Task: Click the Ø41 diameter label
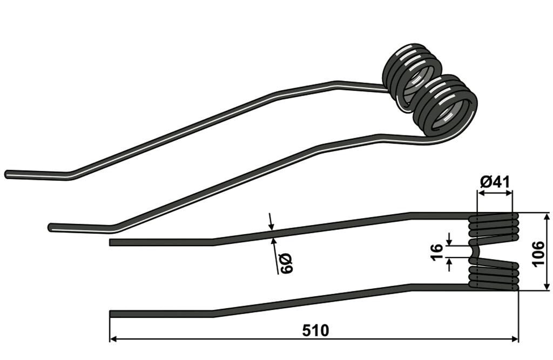tap(495, 182)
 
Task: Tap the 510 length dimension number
tap(315, 331)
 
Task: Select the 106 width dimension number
tap(538, 254)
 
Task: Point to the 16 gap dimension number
tap(436, 252)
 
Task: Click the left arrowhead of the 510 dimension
tap(113, 339)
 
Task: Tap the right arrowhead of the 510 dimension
tap(515, 339)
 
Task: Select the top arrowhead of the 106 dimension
tap(547, 217)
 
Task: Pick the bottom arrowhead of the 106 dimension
tap(547, 286)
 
